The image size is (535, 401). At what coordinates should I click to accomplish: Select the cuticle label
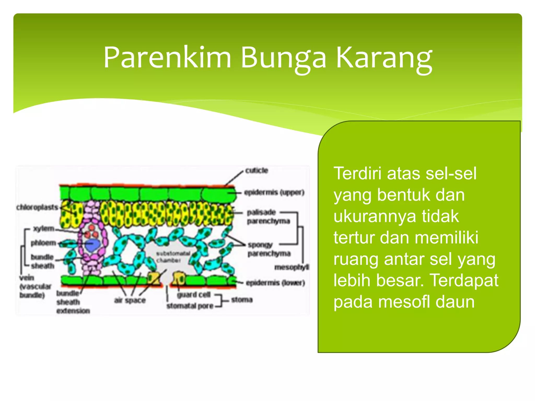click(257, 170)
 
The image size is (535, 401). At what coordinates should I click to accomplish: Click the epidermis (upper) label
click(274, 192)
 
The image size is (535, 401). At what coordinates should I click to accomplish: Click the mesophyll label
click(292, 267)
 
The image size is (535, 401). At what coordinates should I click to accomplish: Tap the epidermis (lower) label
click(275, 283)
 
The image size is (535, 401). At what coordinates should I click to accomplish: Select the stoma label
click(242, 299)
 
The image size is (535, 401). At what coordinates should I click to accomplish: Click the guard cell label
click(194, 295)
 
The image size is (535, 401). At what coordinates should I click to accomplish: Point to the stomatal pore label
click(190, 306)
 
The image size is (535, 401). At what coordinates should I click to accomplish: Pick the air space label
click(130, 300)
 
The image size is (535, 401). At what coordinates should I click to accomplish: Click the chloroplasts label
click(37, 207)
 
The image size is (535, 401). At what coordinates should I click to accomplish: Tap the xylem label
click(44, 229)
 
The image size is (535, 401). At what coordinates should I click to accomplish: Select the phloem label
click(43, 243)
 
